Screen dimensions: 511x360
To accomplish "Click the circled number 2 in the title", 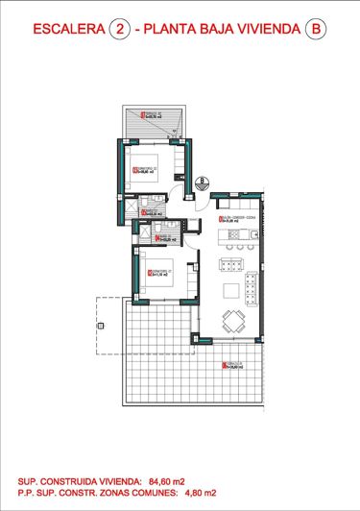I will coord(120,31).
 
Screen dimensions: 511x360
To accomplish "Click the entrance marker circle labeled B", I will coord(204,182).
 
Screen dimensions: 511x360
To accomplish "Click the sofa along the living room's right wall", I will coord(252,285).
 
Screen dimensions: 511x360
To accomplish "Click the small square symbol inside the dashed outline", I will coord(97,327).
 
